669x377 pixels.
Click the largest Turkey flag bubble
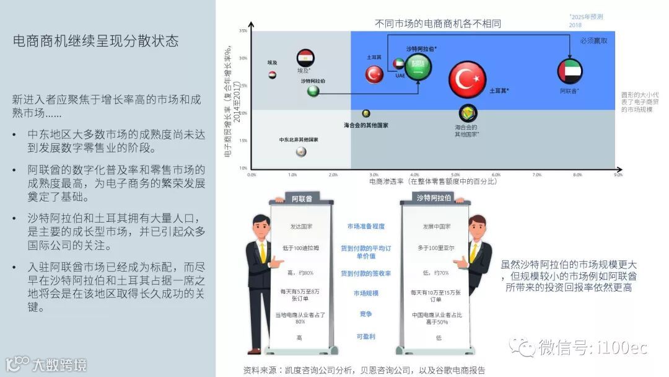coord(467,79)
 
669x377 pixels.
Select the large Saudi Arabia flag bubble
coord(419,67)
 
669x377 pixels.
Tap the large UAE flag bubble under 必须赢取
coord(570,71)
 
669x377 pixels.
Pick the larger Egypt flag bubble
coord(305,58)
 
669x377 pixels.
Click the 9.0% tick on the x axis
coord(618,175)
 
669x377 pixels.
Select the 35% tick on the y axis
coord(243,30)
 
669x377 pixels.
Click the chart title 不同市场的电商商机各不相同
coord(437,24)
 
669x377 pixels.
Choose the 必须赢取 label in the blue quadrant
coord(593,41)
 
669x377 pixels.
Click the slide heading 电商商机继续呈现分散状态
coord(96,41)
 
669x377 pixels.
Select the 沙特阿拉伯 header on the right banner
coord(434,198)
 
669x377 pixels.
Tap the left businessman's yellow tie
coord(263,252)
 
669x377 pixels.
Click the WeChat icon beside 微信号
coord(518,347)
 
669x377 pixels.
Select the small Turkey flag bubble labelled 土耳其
coord(374,74)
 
